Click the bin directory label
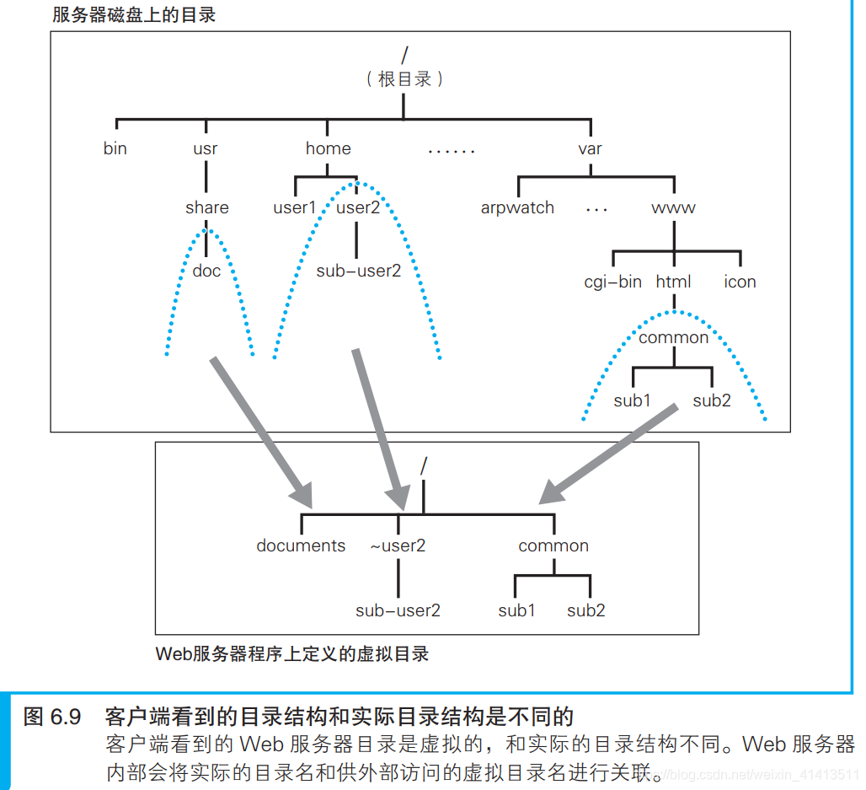(x=115, y=148)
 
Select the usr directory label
(x=205, y=148)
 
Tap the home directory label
(x=328, y=148)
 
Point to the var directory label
(x=590, y=148)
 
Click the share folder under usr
(x=207, y=207)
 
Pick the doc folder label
(x=206, y=271)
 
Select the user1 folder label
(x=295, y=207)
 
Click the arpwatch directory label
(x=517, y=207)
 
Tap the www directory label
(x=673, y=207)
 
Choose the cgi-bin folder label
(x=612, y=282)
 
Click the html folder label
(x=673, y=282)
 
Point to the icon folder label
(x=740, y=282)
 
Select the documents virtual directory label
(x=301, y=545)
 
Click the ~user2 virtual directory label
(x=398, y=545)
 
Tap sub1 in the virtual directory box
(x=516, y=610)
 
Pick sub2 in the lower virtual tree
(x=585, y=610)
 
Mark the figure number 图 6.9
(x=52, y=717)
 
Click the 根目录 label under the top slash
(x=405, y=79)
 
